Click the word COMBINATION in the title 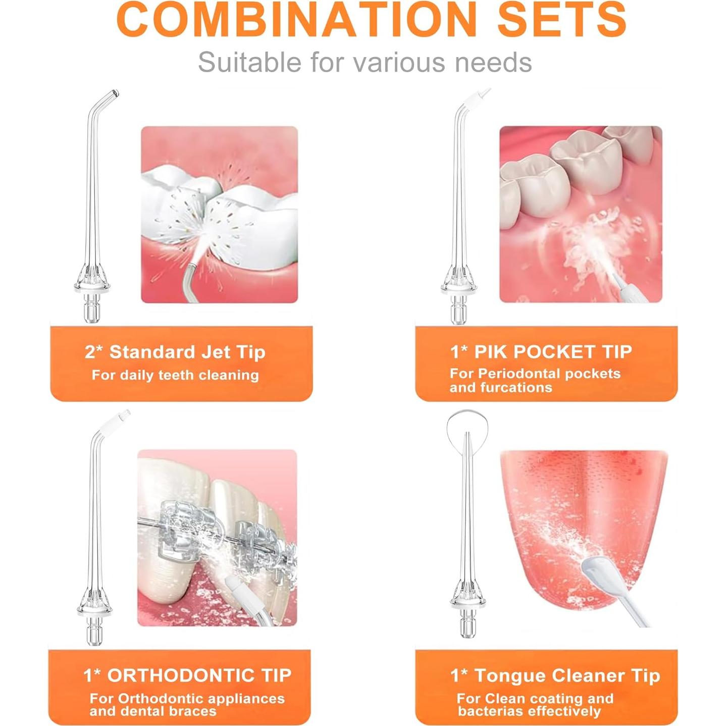[297, 19]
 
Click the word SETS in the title [562, 19]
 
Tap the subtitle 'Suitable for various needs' [365, 62]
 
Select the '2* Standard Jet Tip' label [175, 352]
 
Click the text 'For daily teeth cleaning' [175, 375]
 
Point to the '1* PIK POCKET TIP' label [541, 351]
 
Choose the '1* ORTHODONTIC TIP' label [187, 675]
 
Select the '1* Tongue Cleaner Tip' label [555, 676]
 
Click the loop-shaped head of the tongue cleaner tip [468, 424]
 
